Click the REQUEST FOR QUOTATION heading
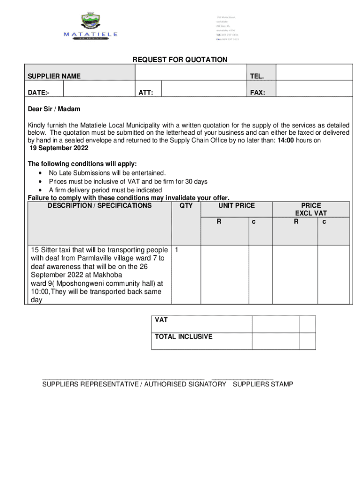pyautogui.click(x=180, y=60)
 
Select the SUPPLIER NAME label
pyautogui.click(x=54, y=76)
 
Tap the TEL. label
pyautogui.click(x=257, y=76)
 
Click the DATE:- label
pyautogui.click(x=39, y=93)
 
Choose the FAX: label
pyautogui.click(x=258, y=93)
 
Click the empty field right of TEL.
pyautogui.click(x=313, y=73)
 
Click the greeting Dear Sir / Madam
pyautogui.click(x=54, y=109)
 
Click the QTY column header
pyautogui.click(x=186, y=205)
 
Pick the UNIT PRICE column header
pyautogui.click(x=236, y=205)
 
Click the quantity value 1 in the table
pyautogui.click(x=176, y=249)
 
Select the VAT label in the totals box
pyautogui.click(x=161, y=320)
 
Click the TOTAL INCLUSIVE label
pyautogui.click(x=184, y=336)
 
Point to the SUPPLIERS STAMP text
pyautogui.click(x=263, y=384)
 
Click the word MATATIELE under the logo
pyautogui.click(x=90, y=34)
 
